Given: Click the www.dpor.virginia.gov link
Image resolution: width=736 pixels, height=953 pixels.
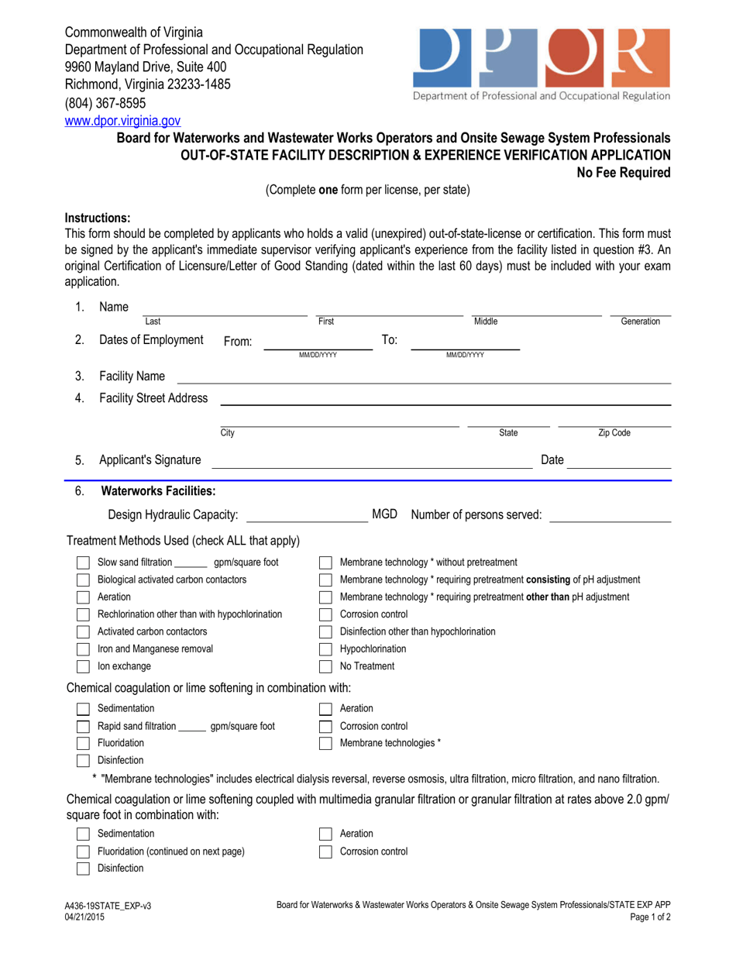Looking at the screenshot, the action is [122, 120].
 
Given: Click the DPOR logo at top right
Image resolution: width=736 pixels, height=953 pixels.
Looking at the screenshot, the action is [542, 64].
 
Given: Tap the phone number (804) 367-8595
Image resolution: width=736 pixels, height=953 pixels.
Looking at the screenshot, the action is [105, 103].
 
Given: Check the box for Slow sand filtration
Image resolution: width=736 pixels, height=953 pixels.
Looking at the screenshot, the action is [83, 563].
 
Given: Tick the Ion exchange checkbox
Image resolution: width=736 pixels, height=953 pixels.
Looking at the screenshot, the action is [83, 666].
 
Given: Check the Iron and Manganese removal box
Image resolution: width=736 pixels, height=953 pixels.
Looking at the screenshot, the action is [83, 649].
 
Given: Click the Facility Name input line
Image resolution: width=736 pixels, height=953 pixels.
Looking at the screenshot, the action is [424, 377].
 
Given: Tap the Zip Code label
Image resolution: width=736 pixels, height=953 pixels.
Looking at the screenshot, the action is [614, 433].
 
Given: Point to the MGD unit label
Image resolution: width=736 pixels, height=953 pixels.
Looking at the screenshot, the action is [385, 514].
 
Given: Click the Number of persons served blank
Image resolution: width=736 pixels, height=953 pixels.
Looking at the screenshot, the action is [609, 515].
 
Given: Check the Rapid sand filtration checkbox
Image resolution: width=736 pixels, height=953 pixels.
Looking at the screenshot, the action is [83, 726].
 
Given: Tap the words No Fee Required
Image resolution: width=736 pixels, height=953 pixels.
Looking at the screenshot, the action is [624, 172].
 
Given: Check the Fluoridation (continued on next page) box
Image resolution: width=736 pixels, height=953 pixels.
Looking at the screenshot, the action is [83, 851].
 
